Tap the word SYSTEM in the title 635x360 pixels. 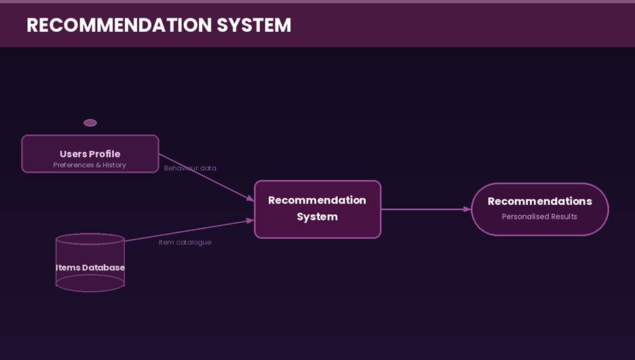click(x=254, y=25)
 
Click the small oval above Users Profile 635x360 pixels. click(x=90, y=123)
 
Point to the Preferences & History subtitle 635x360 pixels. click(x=90, y=165)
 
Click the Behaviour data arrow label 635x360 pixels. click(x=190, y=168)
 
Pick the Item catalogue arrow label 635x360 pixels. click(x=185, y=242)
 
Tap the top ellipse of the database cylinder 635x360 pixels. click(x=90, y=239)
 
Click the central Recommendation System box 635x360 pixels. click(x=317, y=209)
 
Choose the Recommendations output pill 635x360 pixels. click(x=539, y=209)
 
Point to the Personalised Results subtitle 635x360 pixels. click(x=539, y=217)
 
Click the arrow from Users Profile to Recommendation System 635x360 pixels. click(x=206, y=178)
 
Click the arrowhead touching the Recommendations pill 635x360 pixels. click(x=467, y=209)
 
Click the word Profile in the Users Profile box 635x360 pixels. click(x=104, y=154)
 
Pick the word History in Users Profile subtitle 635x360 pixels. click(x=115, y=165)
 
